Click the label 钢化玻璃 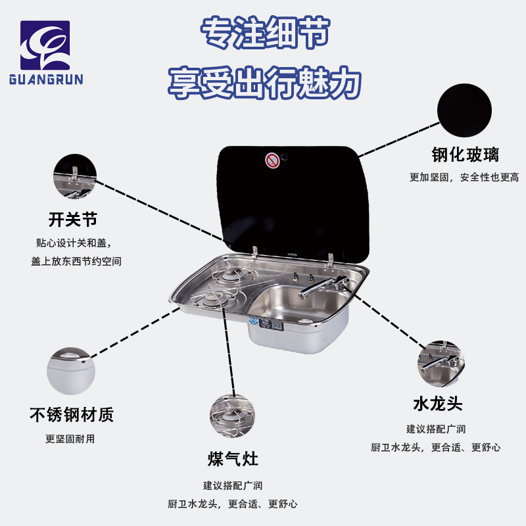pos(465,155)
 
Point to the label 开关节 pos(73,218)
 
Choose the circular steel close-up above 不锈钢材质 pos(71,370)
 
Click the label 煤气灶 pos(233,459)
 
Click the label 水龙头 pos(438,402)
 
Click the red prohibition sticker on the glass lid pos(272,160)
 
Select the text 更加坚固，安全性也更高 pos(464,177)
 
